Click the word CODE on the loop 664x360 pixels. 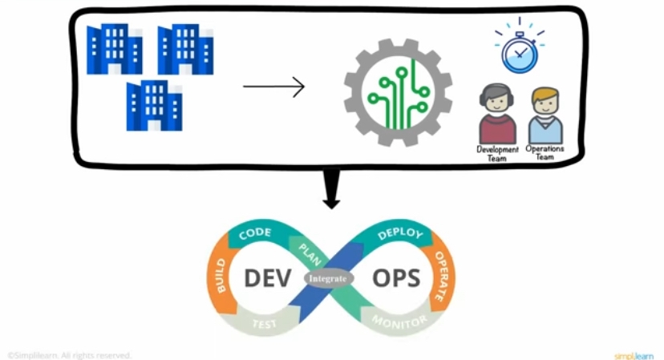pyautogui.click(x=254, y=233)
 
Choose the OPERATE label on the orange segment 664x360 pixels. pyautogui.click(x=439, y=277)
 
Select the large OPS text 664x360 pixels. pyautogui.click(x=396, y=278)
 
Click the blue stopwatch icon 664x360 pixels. pyautogui.click(x=519, y=51)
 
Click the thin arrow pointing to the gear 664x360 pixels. pyautogui.click(x=273, y=86)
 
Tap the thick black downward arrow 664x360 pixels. pyautogui.click(x=330, y=190)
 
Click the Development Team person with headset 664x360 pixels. pyautogui.click(x=497, y=115)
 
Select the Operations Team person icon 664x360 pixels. pyautogui.click(x=545, y=116)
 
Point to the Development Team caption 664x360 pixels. pyautogui.click(x=497, y=154)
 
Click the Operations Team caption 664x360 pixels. pyautogui.click(x=545, y=153)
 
